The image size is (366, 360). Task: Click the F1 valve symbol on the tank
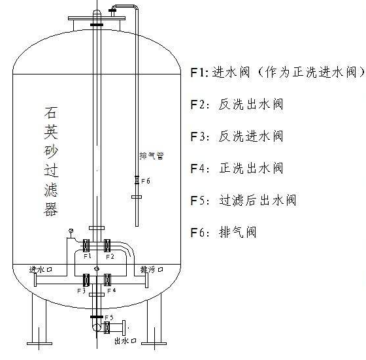86,245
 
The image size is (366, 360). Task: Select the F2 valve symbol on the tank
107,245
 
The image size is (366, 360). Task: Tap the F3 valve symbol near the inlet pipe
86,280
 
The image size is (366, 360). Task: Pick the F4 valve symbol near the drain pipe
107,280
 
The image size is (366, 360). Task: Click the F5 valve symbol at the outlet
107,327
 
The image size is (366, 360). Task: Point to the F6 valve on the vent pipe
137,180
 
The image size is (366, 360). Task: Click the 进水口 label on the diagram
41,269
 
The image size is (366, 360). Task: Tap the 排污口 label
152,269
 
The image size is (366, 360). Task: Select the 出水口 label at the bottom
125,341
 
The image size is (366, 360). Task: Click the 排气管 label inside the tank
152,155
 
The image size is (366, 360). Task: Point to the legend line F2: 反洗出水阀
237,105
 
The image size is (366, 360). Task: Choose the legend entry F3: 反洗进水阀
237,137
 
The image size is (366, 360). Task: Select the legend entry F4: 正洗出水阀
237,168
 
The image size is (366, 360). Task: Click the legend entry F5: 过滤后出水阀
243,200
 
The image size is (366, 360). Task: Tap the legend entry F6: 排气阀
224,232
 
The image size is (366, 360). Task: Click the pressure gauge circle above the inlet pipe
71,231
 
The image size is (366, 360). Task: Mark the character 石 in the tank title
51,112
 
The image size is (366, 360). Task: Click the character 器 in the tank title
51,209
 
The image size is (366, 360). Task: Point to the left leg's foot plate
39,344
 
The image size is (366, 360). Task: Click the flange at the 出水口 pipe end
124,328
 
